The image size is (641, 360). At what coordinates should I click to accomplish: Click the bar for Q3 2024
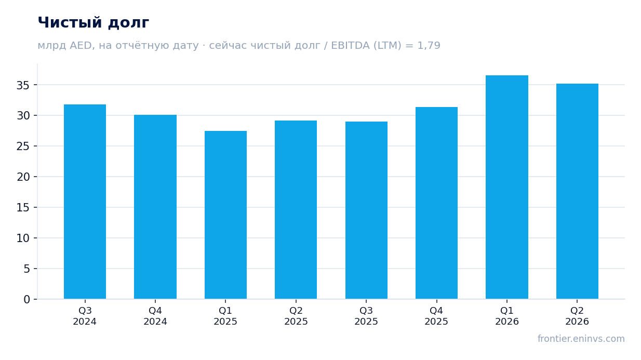(x=85, y=202)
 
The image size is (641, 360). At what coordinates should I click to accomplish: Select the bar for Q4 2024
(x=155, y=207)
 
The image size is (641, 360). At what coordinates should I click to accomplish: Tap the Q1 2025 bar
(x=225, y=215)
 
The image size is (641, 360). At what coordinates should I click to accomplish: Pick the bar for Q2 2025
(x=296, y=210)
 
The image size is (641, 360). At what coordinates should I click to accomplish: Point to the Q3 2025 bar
(x=366, y=210)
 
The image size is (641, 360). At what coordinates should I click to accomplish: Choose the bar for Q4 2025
(x=436, y=203)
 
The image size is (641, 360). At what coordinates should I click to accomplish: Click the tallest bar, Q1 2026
(x=507, y=187)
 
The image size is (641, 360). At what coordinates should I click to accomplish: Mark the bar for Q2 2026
(x=577, y=192)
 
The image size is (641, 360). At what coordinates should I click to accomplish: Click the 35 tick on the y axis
(x=23, y=85)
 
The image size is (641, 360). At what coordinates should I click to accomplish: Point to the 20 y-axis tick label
(x=23, y=177)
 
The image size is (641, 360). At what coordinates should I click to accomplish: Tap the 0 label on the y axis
(x=26, y=300)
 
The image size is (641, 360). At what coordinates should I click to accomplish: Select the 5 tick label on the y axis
(x=26, y=269)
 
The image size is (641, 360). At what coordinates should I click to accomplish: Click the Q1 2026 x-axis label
(x=507, y=316)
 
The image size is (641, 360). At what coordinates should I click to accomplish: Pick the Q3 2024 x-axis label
(x=85, y=316)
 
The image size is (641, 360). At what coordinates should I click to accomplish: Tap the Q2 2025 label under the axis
(x=296, y=316)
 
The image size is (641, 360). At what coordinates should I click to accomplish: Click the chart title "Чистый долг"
(x=94, y=23)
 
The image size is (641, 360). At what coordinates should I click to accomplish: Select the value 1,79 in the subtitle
(x=429, y=46)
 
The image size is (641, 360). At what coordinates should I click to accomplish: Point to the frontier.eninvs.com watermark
(x=581, y=339)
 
